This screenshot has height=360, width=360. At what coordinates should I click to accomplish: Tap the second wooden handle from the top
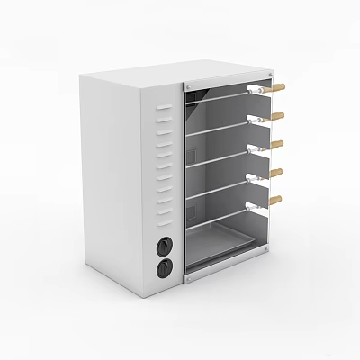[278, 115]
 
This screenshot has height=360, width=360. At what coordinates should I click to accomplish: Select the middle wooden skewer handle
[278, 144]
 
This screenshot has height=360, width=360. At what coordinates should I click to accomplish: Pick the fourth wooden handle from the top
[277, 171]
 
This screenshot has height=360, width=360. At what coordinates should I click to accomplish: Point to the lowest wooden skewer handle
[275, 198]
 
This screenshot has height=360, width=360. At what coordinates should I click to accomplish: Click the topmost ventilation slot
[163, 110]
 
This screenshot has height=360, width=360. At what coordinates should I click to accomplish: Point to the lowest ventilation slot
[164, 213]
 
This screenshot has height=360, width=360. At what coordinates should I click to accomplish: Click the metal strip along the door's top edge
[225, 78]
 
